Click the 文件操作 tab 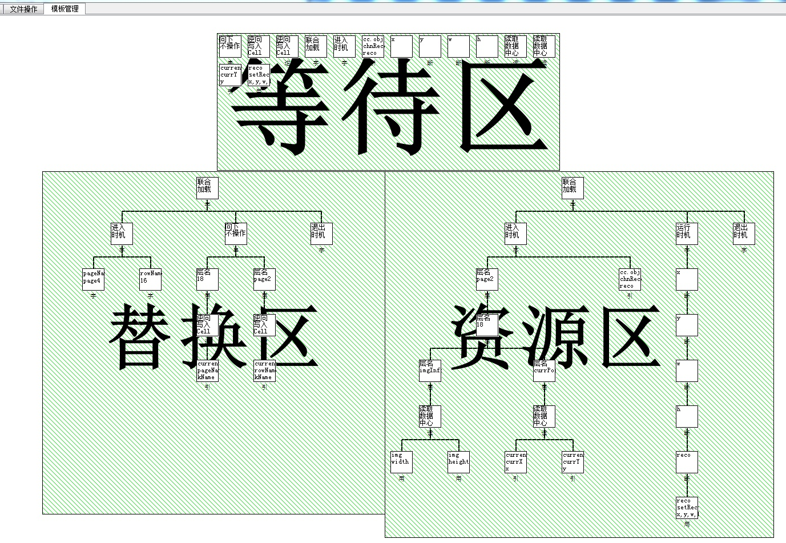pyautogui.click(x=23, y=9)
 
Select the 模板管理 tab pyautogui.click(x=65, y=9)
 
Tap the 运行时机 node pyautogui.click(x=687, y=234)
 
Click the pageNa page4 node pyautogui.click(x=93, y=279)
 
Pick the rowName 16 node pyautogui.click(x=150, y=279)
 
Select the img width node pyautogui.click(x=401, y=462)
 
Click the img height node pyautogui.click(x=458, y=462)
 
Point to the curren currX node pyautogui.click(x=515, y=462)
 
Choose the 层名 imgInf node pyautogui.click(x=430, y=371)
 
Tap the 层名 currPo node pyautogui.click(x=544, y=371)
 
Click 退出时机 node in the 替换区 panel pyautogui.click(x=321, y=234)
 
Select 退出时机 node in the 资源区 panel pyautogui.click(x=744, y=234)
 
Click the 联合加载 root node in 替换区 pyautogui.click(x=207, y=188)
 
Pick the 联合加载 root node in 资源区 pyautogui.click(x=573, y=188)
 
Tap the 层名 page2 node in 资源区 pyautogui.click(x=487, y=279)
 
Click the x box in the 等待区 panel pyautogui.click(x=401, y=46)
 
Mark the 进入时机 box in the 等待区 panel pyautogui.click(x=344, y=46)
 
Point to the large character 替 pyautogui.click(x=140, y=337)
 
